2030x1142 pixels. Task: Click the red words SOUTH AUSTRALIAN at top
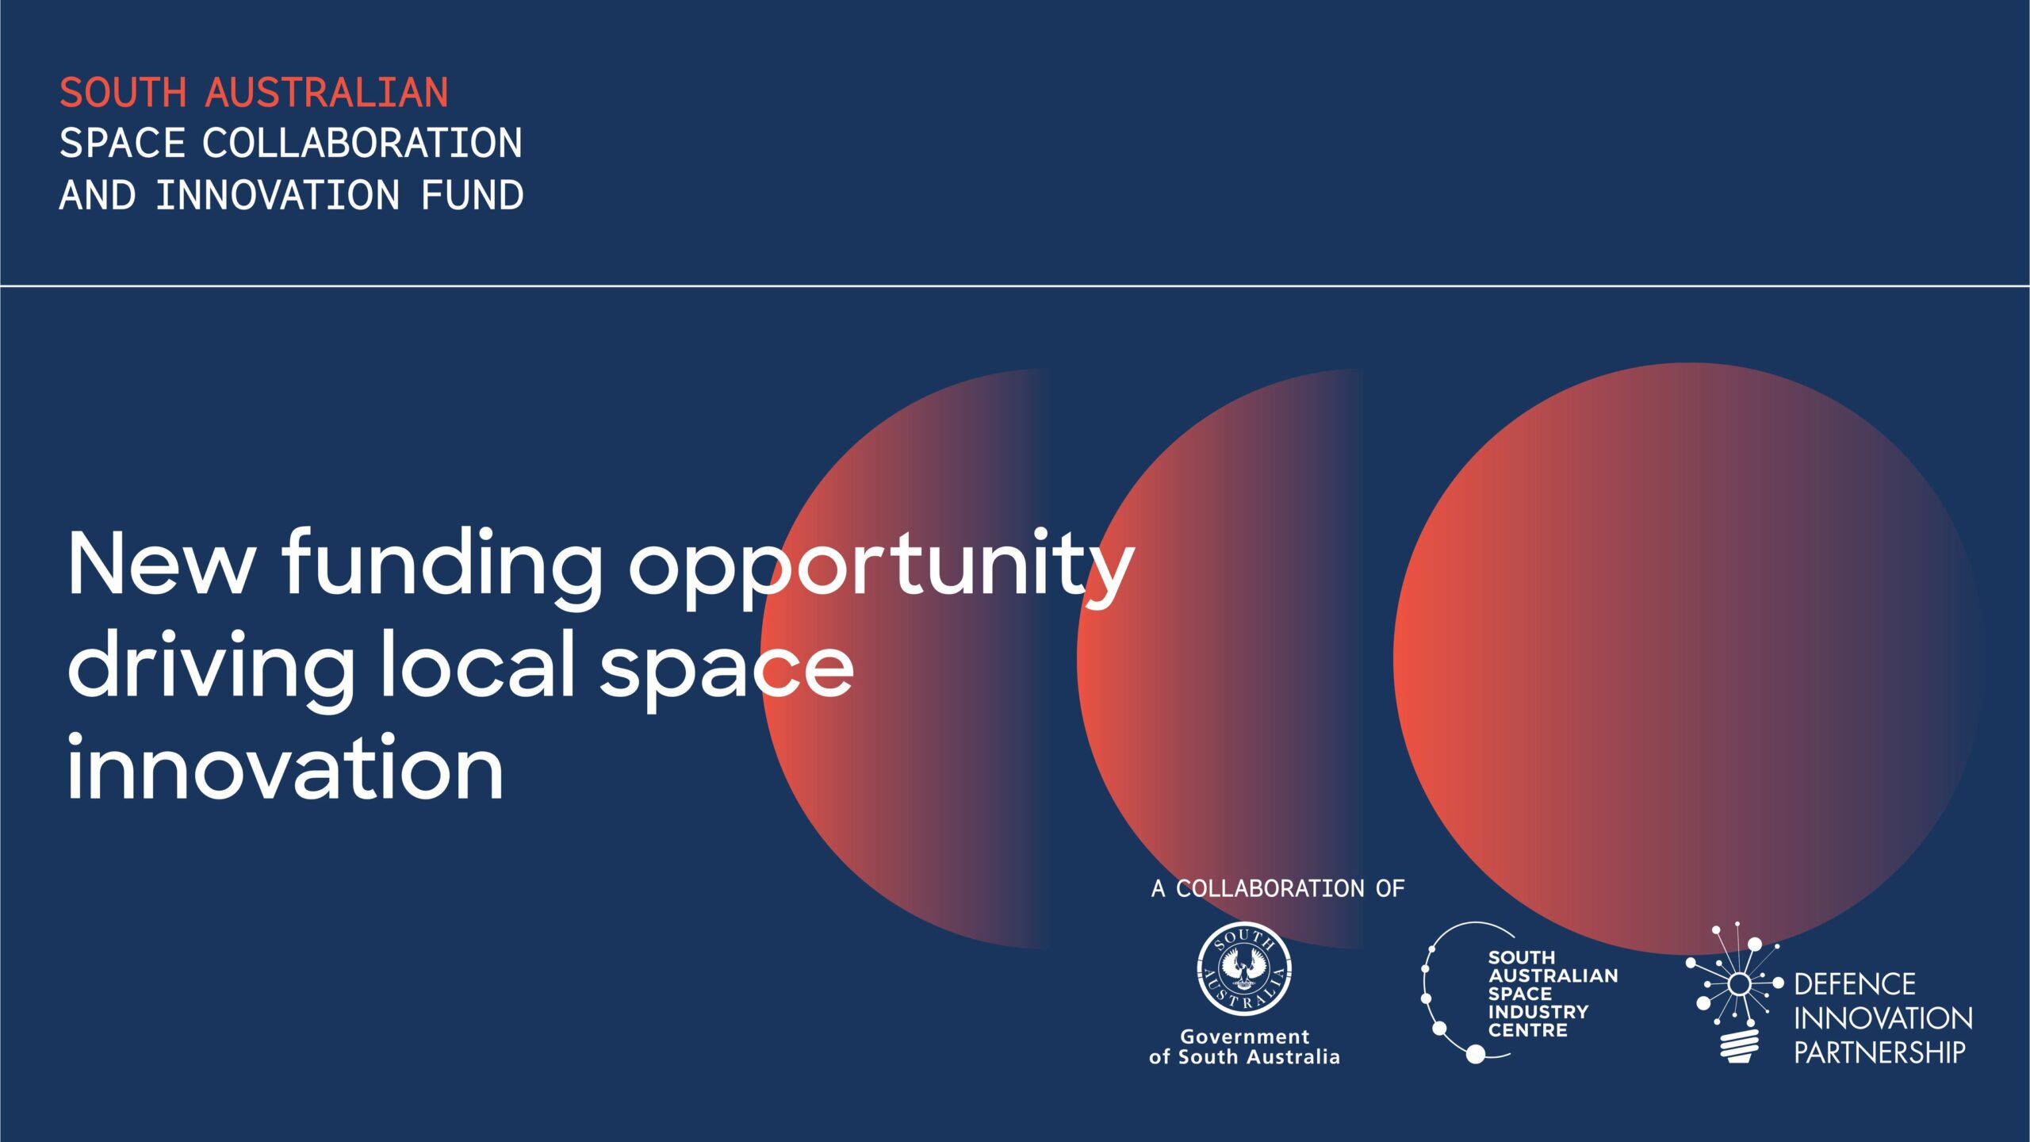tap(254, 92)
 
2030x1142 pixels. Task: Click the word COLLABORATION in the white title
tap(362, 144)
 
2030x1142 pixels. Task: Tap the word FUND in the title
tap(473, 195)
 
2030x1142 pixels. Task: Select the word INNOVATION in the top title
tap(278, 195)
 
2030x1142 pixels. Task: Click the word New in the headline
tap(161, 563)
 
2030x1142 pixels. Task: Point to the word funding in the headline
tap(442, 566)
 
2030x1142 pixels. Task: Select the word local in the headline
tap(477, 663)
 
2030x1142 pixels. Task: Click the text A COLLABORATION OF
tap(1277, 888)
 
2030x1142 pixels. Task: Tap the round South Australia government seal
tap(1244, 968)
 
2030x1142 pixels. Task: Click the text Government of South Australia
tap(1244, 1046)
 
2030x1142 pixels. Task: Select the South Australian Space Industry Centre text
tap(1553, 994)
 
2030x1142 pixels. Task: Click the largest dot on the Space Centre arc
tap(1476, 1054)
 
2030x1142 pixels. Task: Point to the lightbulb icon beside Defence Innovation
tap(1737, 991)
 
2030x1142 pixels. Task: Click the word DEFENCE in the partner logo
tap(1855, 984)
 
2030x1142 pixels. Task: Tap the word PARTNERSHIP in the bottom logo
tap(1880, 1052)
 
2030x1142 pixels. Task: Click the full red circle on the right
tap(1688, 658)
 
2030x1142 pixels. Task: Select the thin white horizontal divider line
tap(1015, 285)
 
